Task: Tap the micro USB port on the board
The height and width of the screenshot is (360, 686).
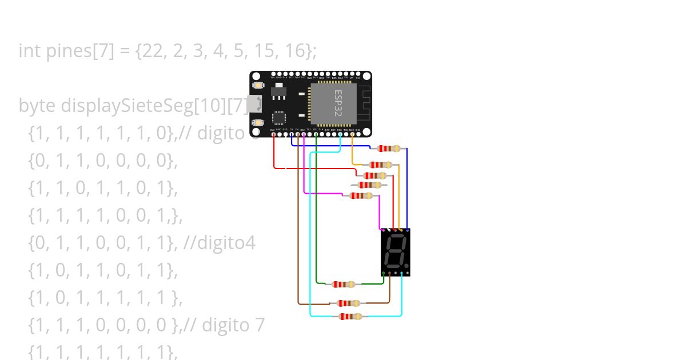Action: (x=255, y=104)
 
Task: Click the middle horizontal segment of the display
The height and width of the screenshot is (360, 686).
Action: (x=394, y=251)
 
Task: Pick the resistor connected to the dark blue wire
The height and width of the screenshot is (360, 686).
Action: (x=389, y=149)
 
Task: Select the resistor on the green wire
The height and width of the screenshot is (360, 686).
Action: (x=344, y=284)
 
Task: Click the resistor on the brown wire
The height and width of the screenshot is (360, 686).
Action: (x=348, y=303)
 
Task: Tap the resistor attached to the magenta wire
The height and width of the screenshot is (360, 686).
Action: (x=361, y=195)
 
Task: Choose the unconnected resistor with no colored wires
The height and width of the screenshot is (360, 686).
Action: (x=369, y=185)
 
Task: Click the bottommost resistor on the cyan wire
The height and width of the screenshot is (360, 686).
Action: (x=350, y=316)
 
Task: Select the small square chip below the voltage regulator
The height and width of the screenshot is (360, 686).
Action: (x=279, y=118)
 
